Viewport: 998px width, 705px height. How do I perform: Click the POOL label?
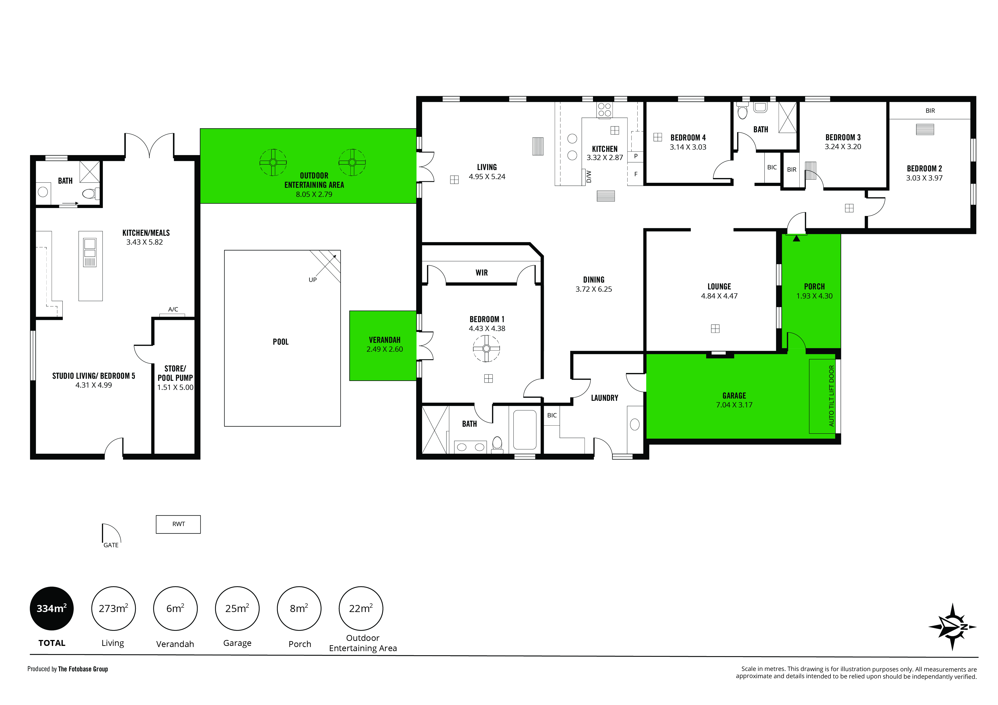pyautogui.click(x=280, y=342)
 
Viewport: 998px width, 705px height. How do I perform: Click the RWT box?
pyautogui.click(x=178, y=524)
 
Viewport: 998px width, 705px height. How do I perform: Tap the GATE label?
pyautogui.click(x=111, y=545)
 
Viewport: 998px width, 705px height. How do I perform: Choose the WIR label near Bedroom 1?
pyautogui.click(x=482, y=273)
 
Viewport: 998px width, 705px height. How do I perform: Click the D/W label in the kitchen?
pyautogui.click(x=589, y=177)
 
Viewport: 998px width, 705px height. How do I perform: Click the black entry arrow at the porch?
pyautogui.click(x=796, y=238)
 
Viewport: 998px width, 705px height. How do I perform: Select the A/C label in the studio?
pyautogui.click(x=173, y=309)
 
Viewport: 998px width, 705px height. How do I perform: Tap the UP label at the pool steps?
pyautogui.click(x=312, y=280)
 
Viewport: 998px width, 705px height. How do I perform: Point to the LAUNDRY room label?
pyautogui.click(x=605, y=398)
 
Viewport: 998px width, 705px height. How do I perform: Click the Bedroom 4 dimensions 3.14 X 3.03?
pyautogui.click(x=688, y=147)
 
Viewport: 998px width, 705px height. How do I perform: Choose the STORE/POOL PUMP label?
pyautogui.click(x=175, y=373)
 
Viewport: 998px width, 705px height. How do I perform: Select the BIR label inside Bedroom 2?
pyautogui.click(x=930, y=111)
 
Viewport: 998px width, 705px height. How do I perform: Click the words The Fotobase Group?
pyautogui.click(x=83, y=669)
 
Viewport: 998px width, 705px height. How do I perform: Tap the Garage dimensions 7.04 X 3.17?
pyautogui.click(x=734, y=405)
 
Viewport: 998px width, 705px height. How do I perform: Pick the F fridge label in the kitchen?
pyautogui.click(x=636, y=174)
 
